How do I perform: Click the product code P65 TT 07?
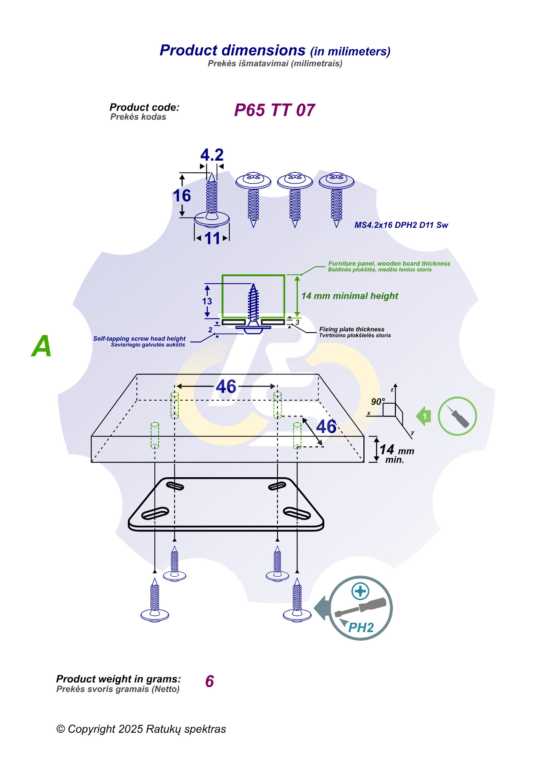click(x=274, y=110)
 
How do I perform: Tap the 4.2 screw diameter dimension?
click(x=212, y=155)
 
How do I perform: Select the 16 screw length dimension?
click(x=182, y=196)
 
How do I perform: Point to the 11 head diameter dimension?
click(x=212, y=238)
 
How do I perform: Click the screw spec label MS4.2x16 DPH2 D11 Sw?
click(x=401, y=225)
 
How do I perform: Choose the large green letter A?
click(x=42, y=346)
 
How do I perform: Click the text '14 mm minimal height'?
click(x=350, y=296)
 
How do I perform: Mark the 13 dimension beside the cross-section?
click(x=207, y=301)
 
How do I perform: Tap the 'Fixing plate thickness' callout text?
click(x=352, y=329)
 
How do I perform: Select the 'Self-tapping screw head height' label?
click(x=139, y=339)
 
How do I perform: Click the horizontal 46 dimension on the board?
click(x=226, y=387)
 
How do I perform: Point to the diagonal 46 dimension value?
click(x=326, y=427)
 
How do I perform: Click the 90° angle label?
click(x=378, y=402)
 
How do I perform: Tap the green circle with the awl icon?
click(x=457, y=416)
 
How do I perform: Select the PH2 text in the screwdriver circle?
click(x=361, y=628)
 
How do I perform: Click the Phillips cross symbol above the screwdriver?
click(x=360, y=591)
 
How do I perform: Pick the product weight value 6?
click(x=209, y=681)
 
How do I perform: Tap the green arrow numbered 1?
click(x=424, y=416)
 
